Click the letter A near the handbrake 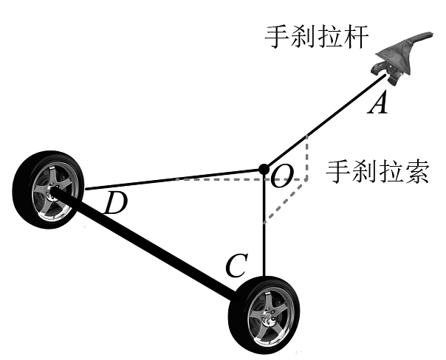(377, 104)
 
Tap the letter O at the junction (283, 175)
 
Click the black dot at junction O (264, 171)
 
